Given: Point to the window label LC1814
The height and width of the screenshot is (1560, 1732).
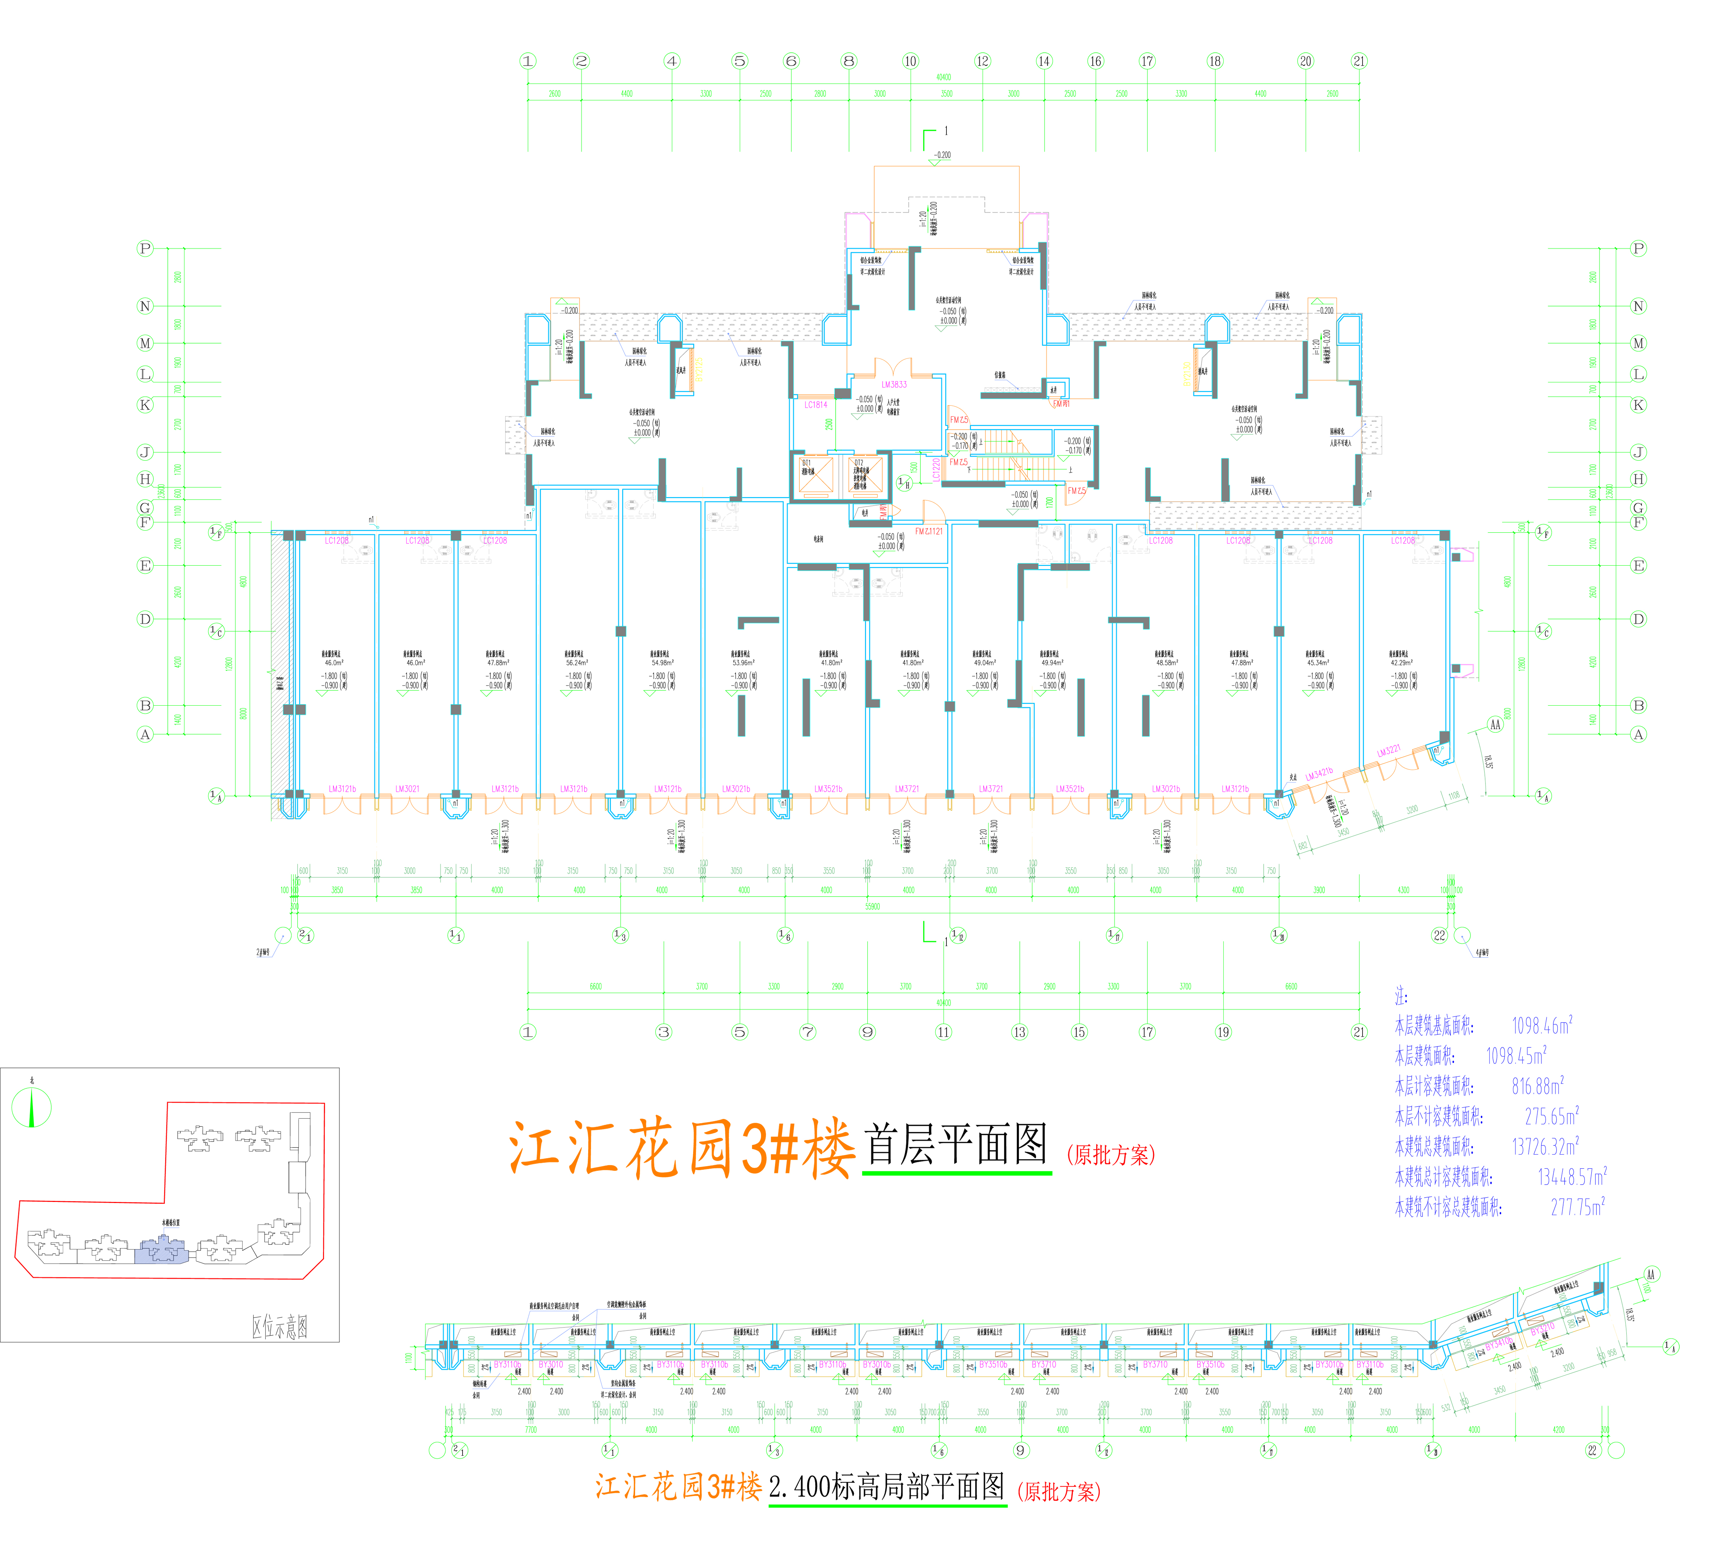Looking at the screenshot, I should (x=816, y=405).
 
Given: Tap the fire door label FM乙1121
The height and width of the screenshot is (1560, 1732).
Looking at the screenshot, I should (x=928, y=531).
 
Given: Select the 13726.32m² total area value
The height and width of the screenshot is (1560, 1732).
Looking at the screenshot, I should (x=1544, y=1146).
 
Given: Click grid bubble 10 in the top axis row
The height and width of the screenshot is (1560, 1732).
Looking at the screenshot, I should (x=910, y=61).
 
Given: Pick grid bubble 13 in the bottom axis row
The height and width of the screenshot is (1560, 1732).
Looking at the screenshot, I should (x=1019, y=1032).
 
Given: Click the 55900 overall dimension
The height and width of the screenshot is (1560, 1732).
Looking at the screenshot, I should (x=871, y=906).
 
